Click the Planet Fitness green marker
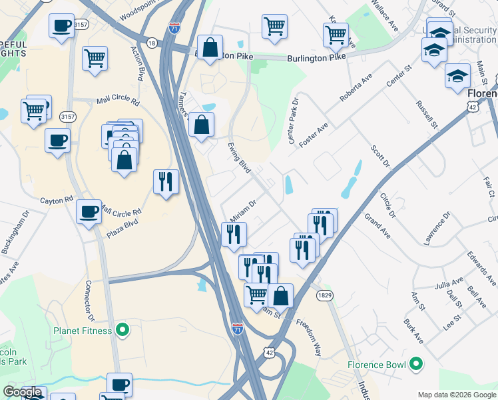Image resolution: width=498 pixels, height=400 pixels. click(122, 329)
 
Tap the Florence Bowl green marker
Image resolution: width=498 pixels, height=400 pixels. click(416, 364)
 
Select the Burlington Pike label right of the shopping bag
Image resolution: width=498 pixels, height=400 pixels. click(316, 59)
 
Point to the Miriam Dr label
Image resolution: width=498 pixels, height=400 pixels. click(243, 211)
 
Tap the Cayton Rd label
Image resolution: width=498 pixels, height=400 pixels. click(56, 200)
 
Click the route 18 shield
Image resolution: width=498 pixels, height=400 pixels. click(152, 43)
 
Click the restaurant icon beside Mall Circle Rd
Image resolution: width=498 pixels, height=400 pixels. click(166, 181)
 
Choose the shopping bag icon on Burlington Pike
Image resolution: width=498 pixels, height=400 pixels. click(210, 48)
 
